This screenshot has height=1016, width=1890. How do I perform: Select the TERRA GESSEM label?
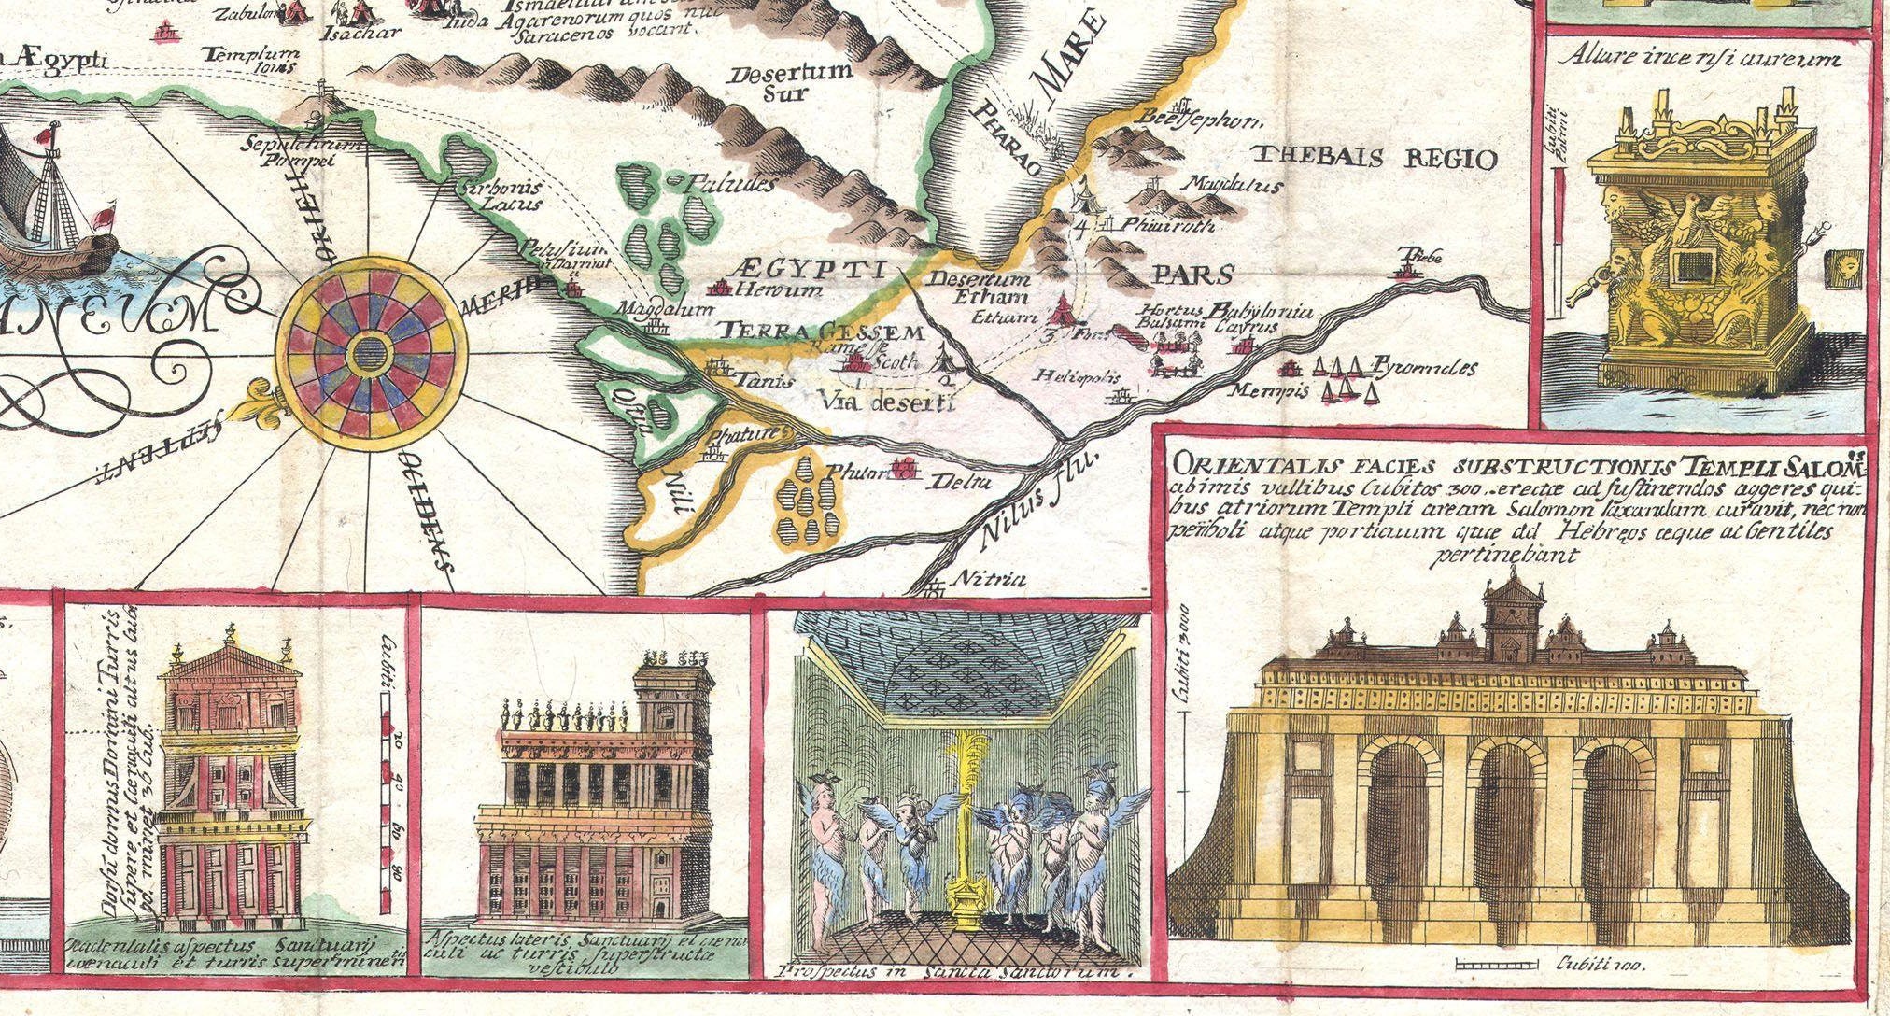point(822,332)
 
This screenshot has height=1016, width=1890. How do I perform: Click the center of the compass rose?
point(372,353)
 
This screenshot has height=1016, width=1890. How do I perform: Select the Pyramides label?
point(1423,368)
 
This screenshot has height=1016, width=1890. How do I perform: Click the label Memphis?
point(1267,389)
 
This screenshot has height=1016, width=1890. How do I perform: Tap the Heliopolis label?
point(1078,376)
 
